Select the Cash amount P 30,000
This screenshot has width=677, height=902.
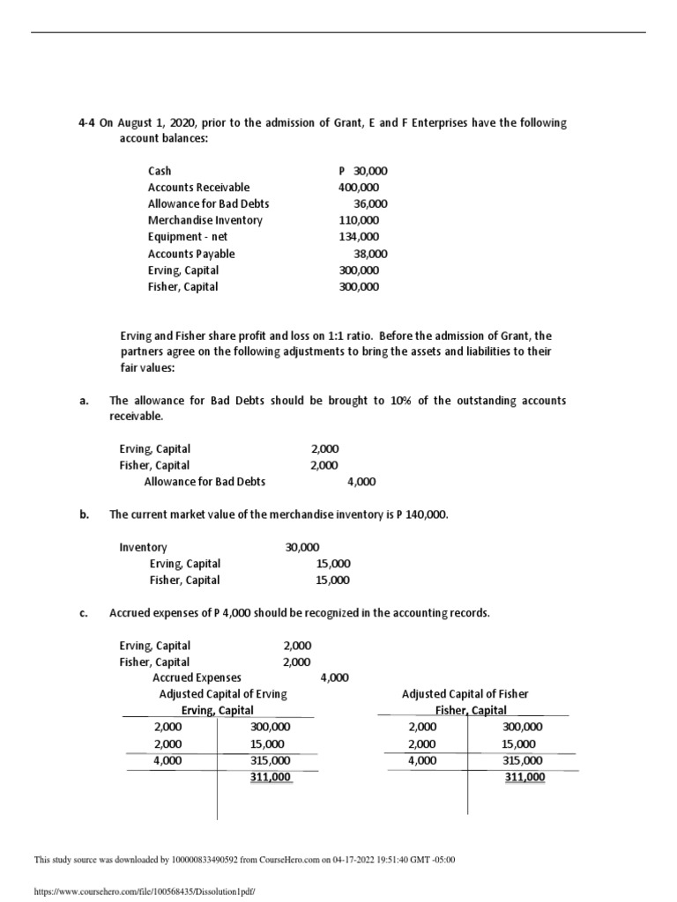click(x=362, y=171)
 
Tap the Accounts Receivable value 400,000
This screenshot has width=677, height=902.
click(x=359, y=188)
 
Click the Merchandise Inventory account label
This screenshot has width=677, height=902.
click(x=205, y=220)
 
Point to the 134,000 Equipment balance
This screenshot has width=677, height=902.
click(x=359, y=237)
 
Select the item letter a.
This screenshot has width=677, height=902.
click(x=82, y=401)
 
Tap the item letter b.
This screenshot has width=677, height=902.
click(x=82, y=514)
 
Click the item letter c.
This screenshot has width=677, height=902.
click(x=82, y=612)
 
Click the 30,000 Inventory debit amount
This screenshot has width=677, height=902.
click(x=302, y=547)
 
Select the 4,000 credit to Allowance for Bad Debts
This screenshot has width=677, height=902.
click(x=361, y=482)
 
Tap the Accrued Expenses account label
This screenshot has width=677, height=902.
click(x=197, y=677)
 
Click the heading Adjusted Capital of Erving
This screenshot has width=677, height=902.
click(x=223, y=694)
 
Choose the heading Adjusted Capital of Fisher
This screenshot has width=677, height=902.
click(x=465, y=694)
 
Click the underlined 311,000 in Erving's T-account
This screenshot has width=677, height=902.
click(x=271, y=777)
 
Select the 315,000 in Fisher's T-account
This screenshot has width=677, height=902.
click(x=523, y=760)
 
